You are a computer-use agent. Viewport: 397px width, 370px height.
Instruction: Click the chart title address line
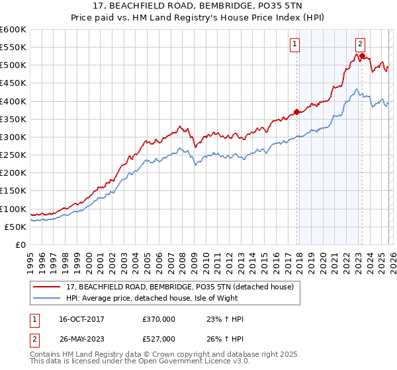tap(198, 6)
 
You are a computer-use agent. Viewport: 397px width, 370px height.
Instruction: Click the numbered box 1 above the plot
tap(294, 44)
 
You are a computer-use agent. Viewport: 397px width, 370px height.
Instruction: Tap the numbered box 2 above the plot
tap(359, 44)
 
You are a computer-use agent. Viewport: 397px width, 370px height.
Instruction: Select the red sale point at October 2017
tap(296, 112)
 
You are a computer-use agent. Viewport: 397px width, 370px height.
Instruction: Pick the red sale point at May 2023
tap(362, 55)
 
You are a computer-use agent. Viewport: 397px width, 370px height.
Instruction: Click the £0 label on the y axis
tap(21, 244)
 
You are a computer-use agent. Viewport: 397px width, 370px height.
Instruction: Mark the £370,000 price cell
tap(158, 319)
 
